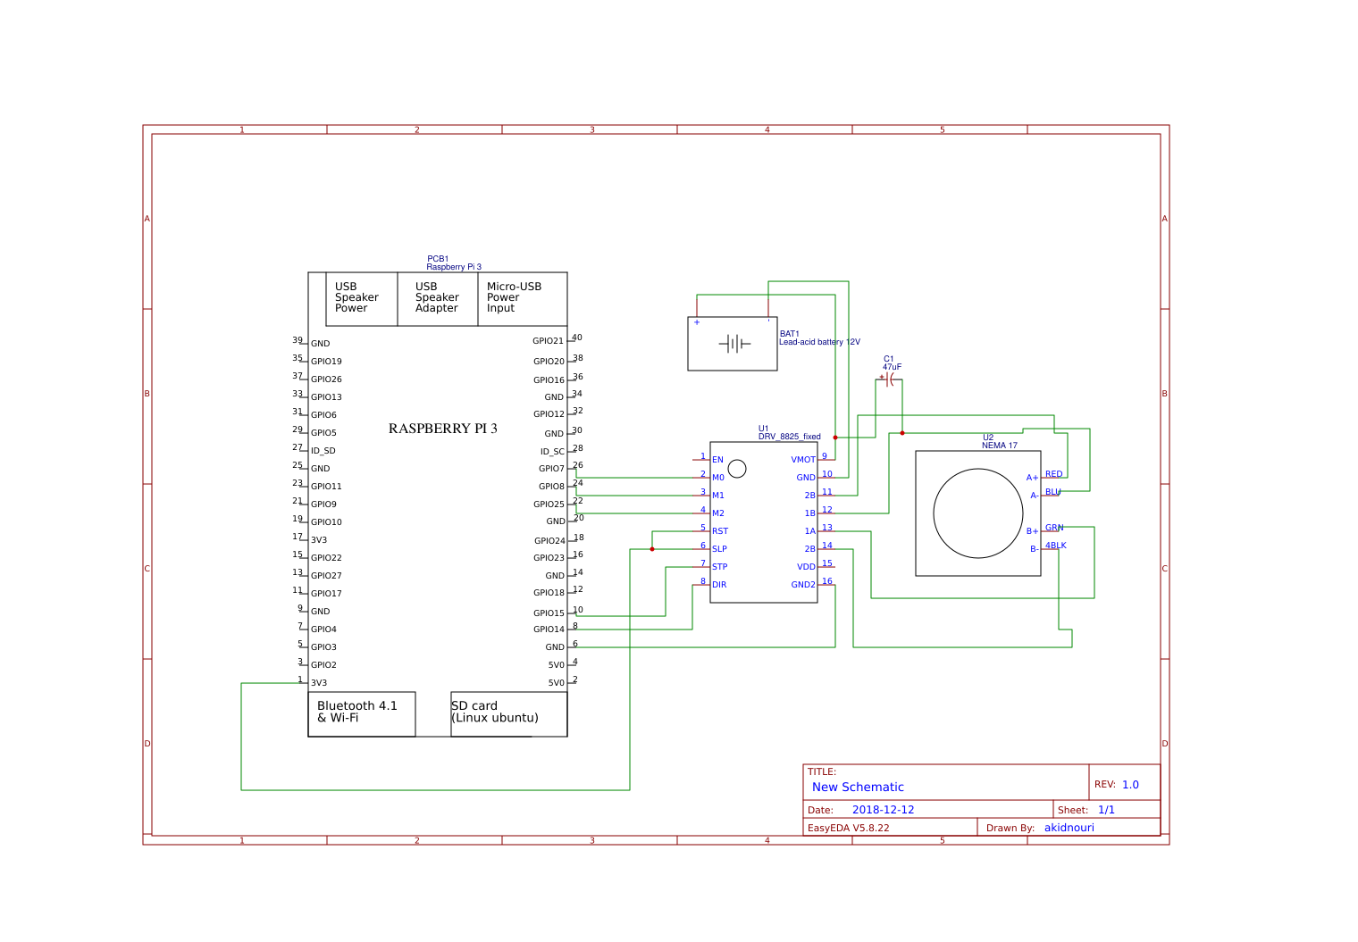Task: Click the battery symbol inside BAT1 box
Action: (x=733, y=344)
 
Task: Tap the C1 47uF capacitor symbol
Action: (x=889, y=379)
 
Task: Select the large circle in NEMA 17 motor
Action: (x=978, y=513)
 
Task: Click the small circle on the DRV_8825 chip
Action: (x=737, y=468)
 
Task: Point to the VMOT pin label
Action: (x=802, y=460)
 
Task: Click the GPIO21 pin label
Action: (x=548, y=341)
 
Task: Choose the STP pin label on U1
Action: (x=719, y=567)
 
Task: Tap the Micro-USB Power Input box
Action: (x=522, y=298)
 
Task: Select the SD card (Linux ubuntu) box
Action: (x=508, y=713)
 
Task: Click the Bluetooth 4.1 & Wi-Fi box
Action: (x=361, y=713)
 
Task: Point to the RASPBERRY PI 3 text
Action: (x=442, y=429)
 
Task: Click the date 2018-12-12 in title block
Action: (x=883, y=810)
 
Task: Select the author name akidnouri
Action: (x=1069, y=828)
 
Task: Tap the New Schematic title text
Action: (x=858, y=787)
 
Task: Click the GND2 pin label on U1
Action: (x=802, y=585)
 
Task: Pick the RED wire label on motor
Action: (x=1054, y=474)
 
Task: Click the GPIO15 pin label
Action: (x=549, y=613)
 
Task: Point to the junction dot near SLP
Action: (x=652, y=549)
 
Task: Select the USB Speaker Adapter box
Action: (x=437, y=298)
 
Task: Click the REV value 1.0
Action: (x=1130, y=785)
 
